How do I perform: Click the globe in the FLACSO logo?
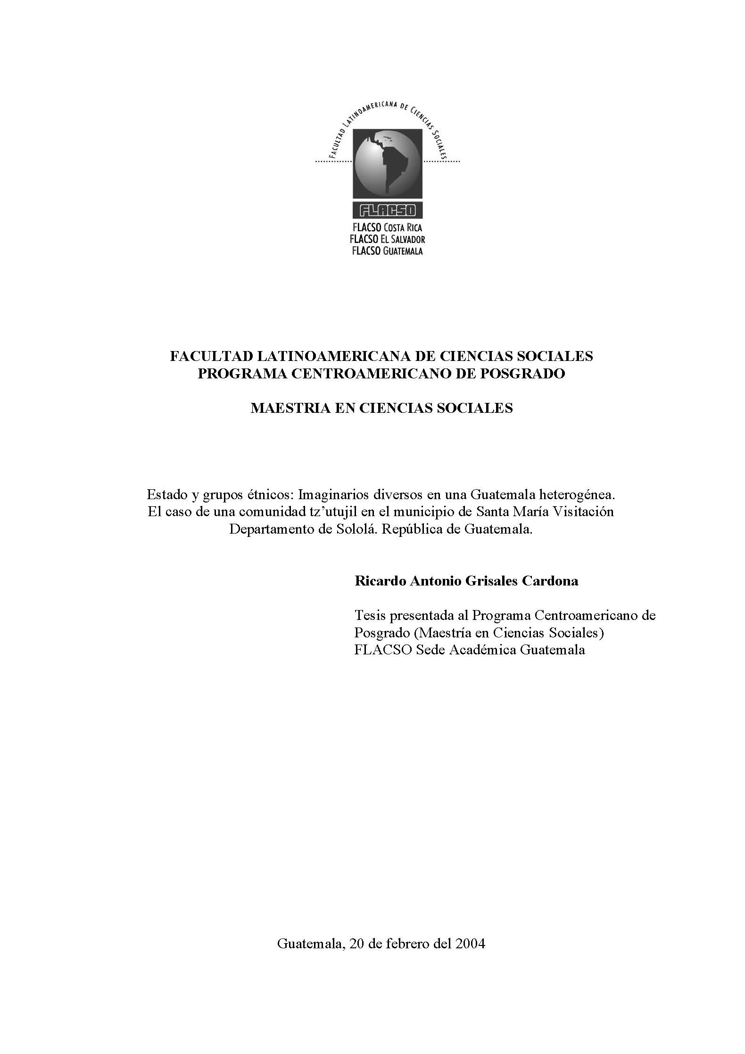click(x=388, y=164)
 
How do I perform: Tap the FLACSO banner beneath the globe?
click(x=388, y=209)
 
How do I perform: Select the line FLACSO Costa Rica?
click(x=388, y=228)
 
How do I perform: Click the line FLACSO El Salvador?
click(x=388, y=239)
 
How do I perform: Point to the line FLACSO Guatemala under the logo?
click(x=388, y=251)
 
